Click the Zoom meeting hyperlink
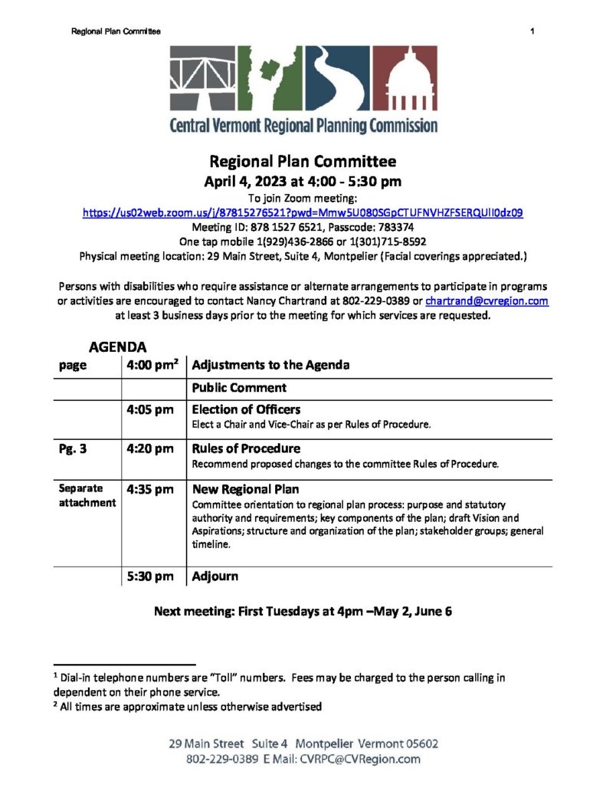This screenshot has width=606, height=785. point(303,212)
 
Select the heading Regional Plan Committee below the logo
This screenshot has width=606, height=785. point(303,162)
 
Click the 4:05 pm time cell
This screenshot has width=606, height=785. point(150,410)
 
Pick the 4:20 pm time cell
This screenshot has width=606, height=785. point(150,449)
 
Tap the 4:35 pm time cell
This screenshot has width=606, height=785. point(150,490)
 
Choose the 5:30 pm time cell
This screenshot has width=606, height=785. point(150,576)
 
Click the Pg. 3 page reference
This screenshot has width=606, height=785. point(73,449)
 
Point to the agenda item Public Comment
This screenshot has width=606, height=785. point(239,388)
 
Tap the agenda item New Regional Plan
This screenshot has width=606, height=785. point(245,489)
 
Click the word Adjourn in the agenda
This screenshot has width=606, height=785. point(215,576)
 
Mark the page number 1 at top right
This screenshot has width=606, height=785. point(532,31)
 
